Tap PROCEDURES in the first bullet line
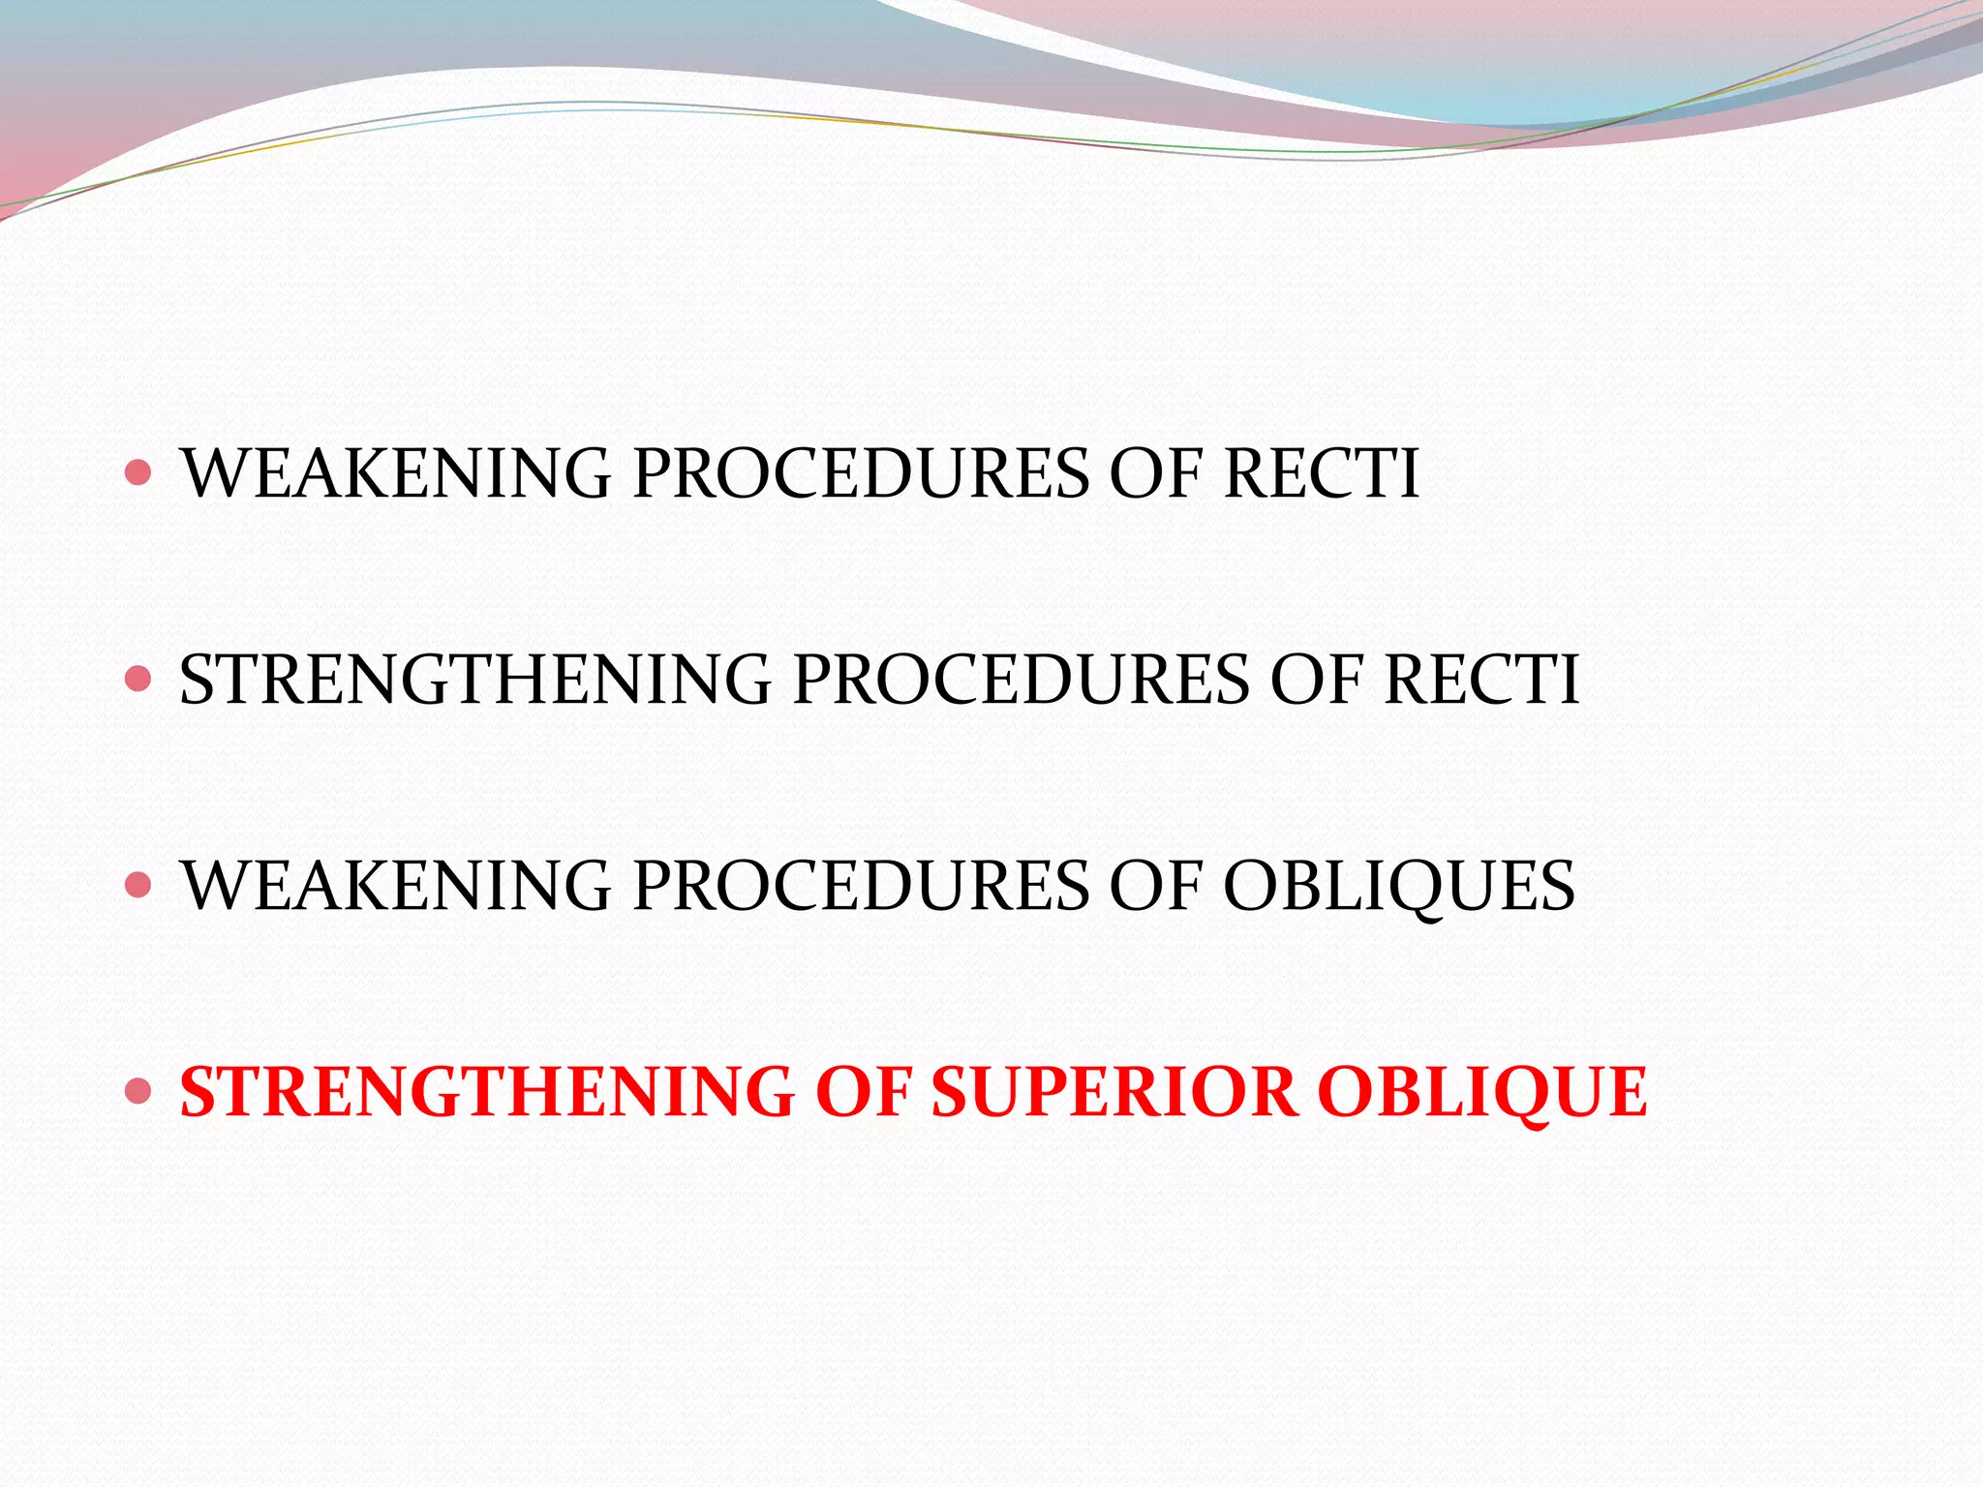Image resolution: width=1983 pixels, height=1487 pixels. pos(860,473)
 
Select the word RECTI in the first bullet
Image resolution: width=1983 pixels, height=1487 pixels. pos(1321,473)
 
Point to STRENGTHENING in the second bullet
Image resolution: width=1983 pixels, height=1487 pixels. pos(474,679)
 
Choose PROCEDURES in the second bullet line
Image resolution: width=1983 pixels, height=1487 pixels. pos(1021,679)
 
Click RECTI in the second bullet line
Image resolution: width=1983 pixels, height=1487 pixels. pos(1481,679)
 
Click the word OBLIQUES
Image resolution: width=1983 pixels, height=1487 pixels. pos(1399,885)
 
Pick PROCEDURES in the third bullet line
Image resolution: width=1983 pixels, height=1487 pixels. pos(860,885)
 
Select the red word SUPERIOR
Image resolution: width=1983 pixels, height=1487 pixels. pos(1114,1092)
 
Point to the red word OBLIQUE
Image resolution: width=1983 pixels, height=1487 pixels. pos(1481,1092)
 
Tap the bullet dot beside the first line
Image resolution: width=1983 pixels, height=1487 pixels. pos(138,472)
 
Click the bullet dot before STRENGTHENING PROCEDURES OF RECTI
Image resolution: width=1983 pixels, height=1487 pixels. pos(138,679)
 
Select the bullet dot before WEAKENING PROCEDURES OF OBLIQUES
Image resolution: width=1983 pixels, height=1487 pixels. pos(138,885)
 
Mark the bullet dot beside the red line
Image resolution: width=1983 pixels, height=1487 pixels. pos(138,1092)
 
